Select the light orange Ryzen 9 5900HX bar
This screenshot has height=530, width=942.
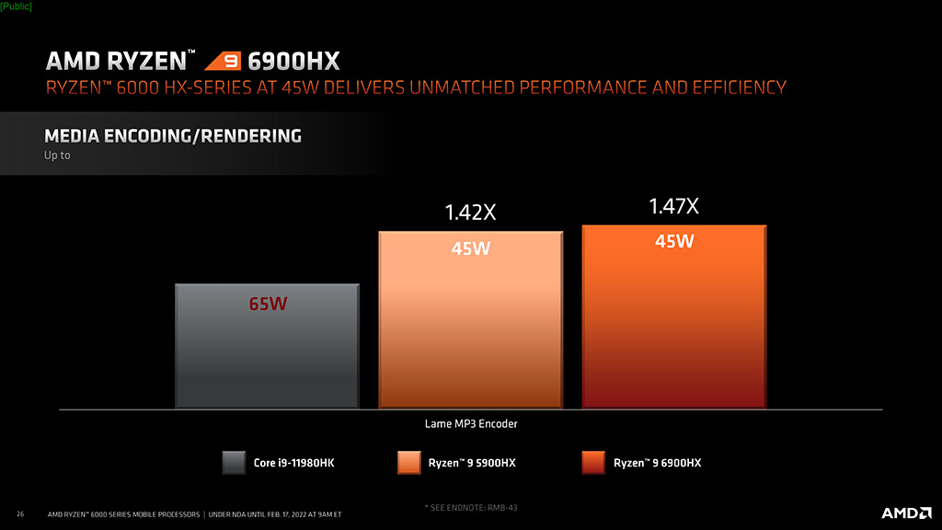pyautogui.click(x=470, y=331)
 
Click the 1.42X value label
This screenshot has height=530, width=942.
pyautogui.click(x=470, y=213)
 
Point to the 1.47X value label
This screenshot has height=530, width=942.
pyautogui.click(x=673, y=206)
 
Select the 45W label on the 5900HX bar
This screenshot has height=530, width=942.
pyautogui.click(x=470, y=249)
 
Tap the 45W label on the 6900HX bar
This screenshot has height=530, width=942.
pyautogui.click(x=673, y=242)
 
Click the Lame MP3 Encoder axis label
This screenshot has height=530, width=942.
pyautogui.click(x=470, y=424)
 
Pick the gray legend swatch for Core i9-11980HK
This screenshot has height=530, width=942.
pyautogui.click(x=234, y=462)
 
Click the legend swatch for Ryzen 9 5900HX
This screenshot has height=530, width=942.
pyautogui.click(x=409, y=462)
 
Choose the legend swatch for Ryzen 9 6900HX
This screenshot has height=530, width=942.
pyautogui.click(x=594, y=462)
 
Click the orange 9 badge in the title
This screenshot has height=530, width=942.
pyautogui.click(x=222, y=63)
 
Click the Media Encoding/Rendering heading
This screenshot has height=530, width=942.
pyautogui.click(x=173, y=136)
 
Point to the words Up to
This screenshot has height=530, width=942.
pyautogui.click(x=57, y=156)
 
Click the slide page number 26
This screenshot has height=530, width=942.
pyautogui.click(x=20, y=513)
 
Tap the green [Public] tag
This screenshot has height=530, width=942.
pyautogui.click(x=16, y=6)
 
